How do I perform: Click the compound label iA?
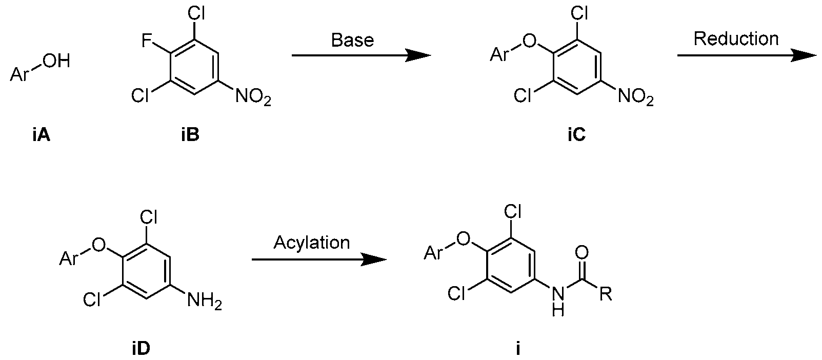point(41,135)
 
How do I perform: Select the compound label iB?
point(190,135)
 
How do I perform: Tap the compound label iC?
point(576,135)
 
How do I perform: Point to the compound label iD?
point(141,349)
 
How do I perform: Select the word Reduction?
point(736,38)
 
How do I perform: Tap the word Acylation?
point(312,243)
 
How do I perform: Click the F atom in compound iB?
point(147,41)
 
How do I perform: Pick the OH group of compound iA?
point(56,61)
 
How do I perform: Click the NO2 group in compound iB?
point(253,96)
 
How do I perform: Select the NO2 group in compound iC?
point(636,96)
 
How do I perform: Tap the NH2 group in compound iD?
point(205,301)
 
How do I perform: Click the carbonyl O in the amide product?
point(582,252)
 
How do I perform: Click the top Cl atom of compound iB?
point(196,13)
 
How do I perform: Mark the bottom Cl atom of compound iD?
point(92,299)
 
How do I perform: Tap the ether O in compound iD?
point(98,245)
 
